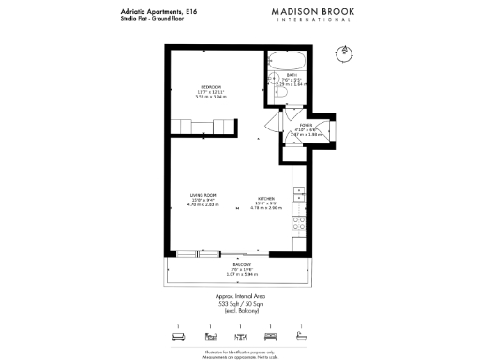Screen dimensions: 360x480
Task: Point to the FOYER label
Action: coord(305,124)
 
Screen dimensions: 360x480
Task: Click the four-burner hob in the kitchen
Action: coord(299,224)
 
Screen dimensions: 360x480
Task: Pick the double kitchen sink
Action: coord(299,194)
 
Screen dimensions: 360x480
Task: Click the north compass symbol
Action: coord(346,51)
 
